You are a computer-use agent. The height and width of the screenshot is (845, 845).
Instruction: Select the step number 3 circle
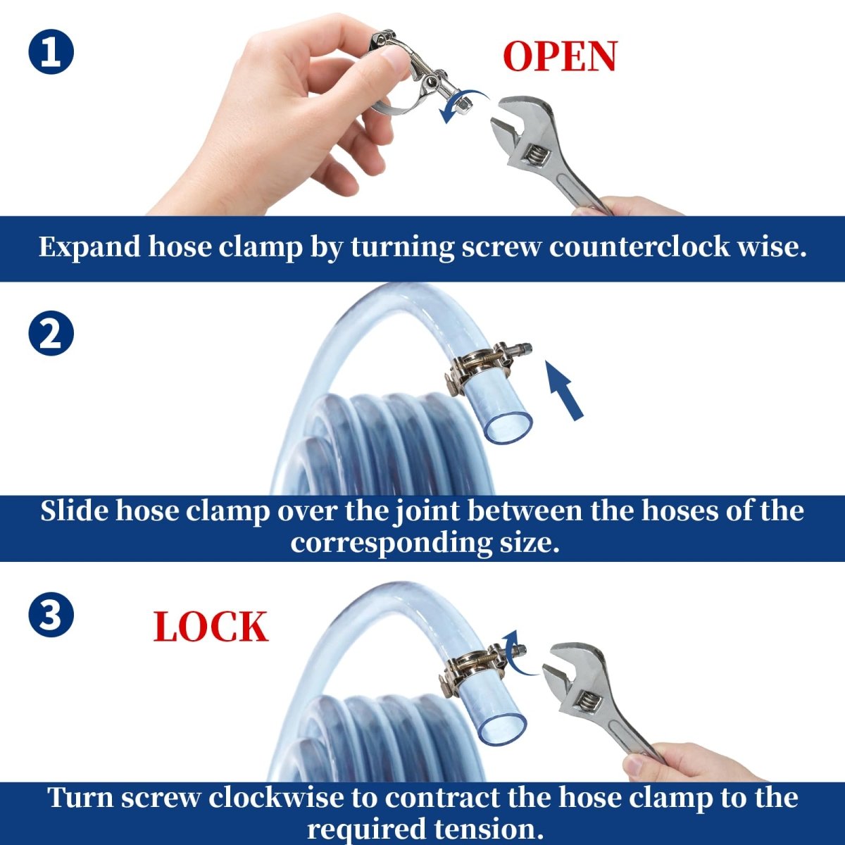tap(51, 615)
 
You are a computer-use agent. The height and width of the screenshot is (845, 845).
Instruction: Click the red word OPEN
tap(560, 56)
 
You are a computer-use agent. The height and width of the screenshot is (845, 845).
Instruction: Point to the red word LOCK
tap(211, 627)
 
